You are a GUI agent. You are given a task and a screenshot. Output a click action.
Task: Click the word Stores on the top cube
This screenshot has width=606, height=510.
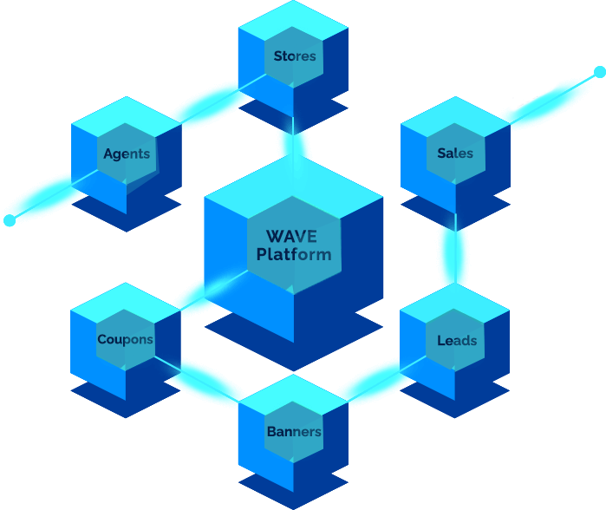point(295,56)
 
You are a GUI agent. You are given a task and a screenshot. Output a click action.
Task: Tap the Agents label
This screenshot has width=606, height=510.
point(127,154)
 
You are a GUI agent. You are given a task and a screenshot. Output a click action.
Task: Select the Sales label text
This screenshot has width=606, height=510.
point(455,154)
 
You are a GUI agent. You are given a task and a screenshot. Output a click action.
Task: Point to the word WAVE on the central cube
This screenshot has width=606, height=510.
point(292,236)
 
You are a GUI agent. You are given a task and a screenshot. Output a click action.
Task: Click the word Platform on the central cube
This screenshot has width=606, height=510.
point(294,254)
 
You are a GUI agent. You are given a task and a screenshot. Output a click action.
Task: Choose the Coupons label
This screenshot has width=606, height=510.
point(125,339)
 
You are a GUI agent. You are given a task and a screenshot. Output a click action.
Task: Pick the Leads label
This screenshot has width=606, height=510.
point(457,341)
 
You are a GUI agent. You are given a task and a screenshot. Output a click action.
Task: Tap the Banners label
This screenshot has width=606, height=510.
point(294,432)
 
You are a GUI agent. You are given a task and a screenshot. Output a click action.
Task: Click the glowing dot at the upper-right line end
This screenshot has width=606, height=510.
point(600,72)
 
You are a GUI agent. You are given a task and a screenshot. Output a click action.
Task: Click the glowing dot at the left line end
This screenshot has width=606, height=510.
point(10,220)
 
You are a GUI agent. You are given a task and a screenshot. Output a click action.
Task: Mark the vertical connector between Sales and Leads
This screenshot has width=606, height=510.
point(456,248)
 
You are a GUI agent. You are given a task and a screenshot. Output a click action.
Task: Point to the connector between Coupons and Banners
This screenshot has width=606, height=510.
point(196,379)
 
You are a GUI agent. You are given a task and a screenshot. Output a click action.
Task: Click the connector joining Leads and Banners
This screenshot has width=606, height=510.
point(387,378)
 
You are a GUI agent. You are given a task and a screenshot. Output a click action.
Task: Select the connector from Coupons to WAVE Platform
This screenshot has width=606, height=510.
point(214,290)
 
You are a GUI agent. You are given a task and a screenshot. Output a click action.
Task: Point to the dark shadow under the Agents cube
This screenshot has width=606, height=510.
point(127,212)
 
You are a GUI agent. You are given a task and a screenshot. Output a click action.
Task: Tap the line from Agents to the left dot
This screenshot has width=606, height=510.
point(54,194)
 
